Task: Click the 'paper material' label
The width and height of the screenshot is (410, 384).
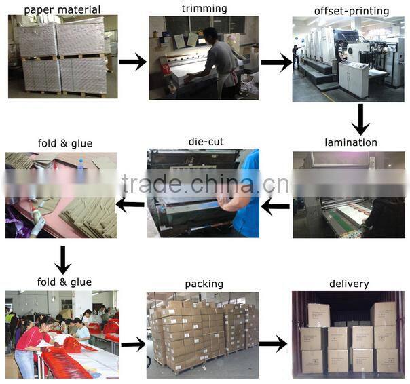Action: point(62,10)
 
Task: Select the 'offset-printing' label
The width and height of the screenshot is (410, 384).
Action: point(352,11)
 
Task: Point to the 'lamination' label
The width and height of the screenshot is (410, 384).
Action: point(351,142)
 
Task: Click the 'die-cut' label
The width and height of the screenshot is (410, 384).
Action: point(206,142)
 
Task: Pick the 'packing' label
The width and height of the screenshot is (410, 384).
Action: point(204,284)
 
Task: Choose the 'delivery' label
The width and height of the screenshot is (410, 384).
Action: point(349,284)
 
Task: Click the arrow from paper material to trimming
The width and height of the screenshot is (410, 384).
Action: point(133,62)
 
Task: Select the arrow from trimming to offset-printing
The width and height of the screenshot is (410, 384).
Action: point(276,63)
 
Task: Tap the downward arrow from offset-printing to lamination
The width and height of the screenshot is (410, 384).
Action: point(360,119)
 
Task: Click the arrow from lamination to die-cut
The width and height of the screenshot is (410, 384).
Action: point(276,206)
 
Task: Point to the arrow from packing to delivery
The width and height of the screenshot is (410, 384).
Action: point(273,344)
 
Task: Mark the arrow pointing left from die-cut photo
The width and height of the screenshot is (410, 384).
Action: point(130,204)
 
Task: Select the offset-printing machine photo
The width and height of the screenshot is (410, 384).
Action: point(348,60)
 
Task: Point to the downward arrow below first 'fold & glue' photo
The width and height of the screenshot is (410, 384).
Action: point(62,258)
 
